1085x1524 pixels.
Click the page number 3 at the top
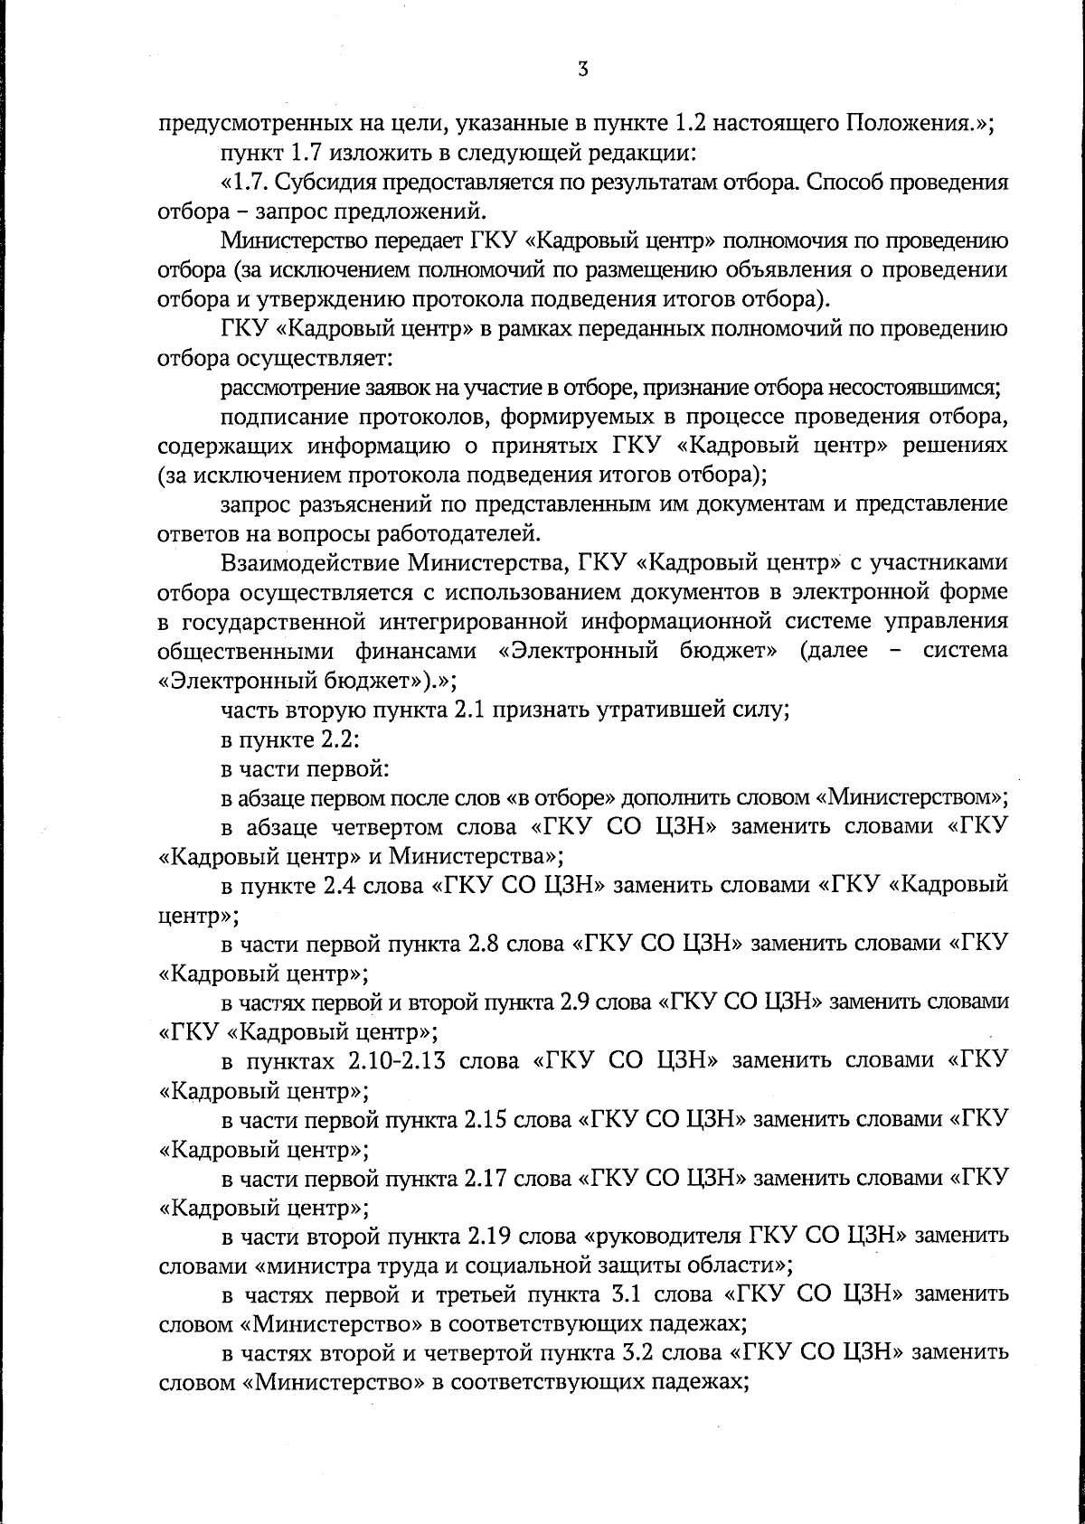tap(582, 70)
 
